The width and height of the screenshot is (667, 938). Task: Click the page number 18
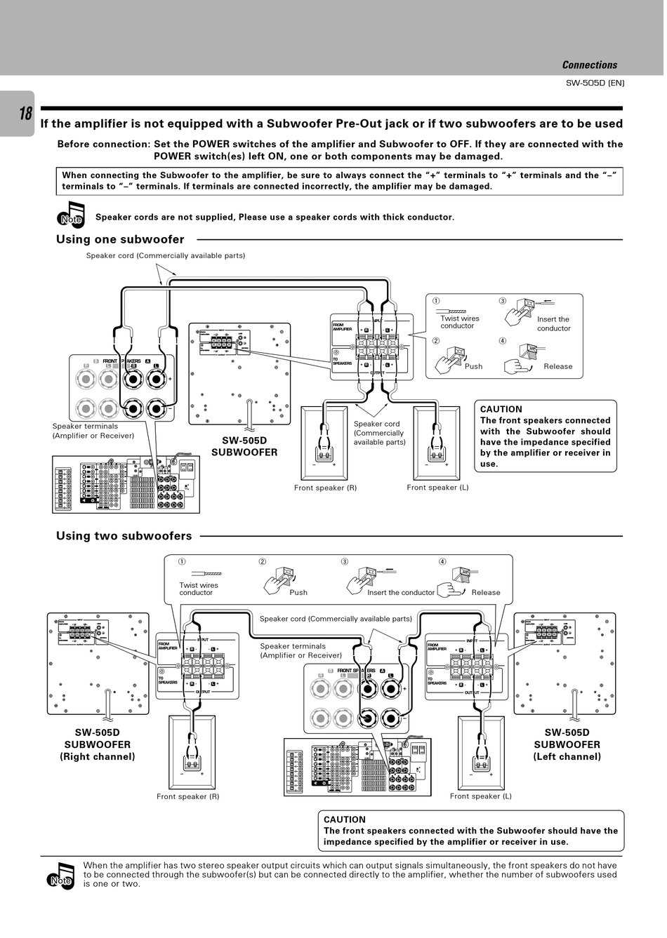pyautogui.click(x=25, y=113)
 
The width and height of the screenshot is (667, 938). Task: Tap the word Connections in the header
pyautogui.click(x=589, y=65)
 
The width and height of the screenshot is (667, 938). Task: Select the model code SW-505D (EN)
pyautogui.click(x=595, y=83)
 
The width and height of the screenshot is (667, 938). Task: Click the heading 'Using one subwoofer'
pyautogui.click(x=120, y=240)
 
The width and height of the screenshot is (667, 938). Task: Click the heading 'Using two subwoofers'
pyautogui.click(x=124, y=536)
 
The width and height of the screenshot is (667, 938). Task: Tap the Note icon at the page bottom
pyautogui.click(x=61, y=876)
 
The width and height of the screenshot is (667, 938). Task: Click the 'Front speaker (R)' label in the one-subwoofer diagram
pyautogui.click(x=325, y=488)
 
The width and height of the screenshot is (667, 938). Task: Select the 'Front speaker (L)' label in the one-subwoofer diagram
pyautogui.click(x=437, y=488)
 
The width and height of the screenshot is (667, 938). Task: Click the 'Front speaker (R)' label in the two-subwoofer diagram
pyautogui.click(x=187, y=796)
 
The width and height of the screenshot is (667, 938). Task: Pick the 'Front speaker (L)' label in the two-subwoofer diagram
pyautogui.click(x=480, y=796)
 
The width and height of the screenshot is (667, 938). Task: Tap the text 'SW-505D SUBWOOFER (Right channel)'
pyautogui.click(x=98, y=744)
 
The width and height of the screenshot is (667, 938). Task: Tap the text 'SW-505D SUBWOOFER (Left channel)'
pyautogui.click(x=567, y=744)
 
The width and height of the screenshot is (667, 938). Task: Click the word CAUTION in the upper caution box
pyautogui.click(x=501, y=410)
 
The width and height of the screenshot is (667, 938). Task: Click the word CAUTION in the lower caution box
pyautogui.click(x=344, y=819)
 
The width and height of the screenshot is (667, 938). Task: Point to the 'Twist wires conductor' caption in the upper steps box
pyautogui.click(x=459, y=322)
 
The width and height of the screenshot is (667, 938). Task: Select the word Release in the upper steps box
pyautogui.click(x=557, y=366)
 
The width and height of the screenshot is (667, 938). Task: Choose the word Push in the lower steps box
pyautogui.click(x=298, y=592)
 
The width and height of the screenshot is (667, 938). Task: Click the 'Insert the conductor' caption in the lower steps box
pyautogui.click(x=401, y=592)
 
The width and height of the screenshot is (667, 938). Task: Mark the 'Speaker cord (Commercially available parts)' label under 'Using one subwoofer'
pyautogui.click(x=166, y=255)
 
